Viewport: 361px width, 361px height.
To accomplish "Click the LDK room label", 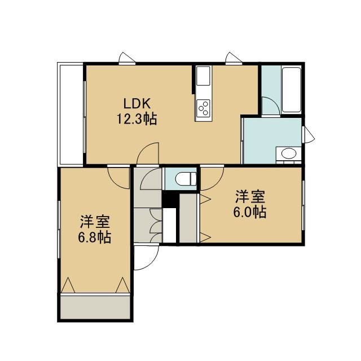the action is [137, 104].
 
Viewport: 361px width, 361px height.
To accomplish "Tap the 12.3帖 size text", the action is [137, 119].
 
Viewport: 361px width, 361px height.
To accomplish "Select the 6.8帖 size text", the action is [95, 237].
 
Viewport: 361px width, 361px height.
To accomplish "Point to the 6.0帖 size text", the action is [250, 212].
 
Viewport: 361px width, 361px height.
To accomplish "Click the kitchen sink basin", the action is [203, 76].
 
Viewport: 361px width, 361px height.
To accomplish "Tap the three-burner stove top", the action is [203, 109].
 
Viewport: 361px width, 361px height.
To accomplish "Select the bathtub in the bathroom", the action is [292, 90].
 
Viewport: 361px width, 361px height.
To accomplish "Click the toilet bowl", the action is [186, 179].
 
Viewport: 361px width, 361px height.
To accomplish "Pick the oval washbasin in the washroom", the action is [289, 153].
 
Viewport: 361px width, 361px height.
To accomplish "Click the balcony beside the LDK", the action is [70, 115].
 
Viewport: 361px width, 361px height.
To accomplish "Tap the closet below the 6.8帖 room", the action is [95, 307].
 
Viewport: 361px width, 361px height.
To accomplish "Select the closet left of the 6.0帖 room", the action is [188, 218].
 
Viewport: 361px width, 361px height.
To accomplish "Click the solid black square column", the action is [170, 199].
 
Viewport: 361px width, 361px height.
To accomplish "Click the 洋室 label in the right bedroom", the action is [250, 197].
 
